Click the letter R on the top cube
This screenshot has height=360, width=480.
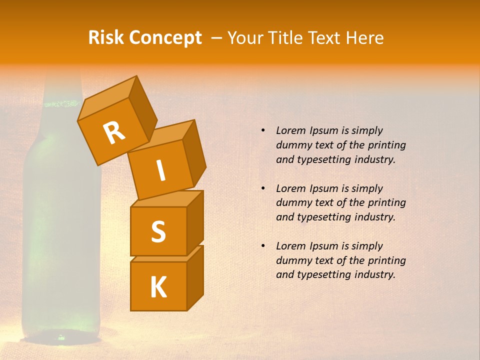114,132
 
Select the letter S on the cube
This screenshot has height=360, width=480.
158,231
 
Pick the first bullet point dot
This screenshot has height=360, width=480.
263,130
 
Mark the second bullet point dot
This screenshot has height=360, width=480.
263,188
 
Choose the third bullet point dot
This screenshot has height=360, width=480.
263,246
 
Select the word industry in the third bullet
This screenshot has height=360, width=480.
374,274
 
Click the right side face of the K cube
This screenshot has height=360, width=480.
195,277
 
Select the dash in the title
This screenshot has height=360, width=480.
217,38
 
